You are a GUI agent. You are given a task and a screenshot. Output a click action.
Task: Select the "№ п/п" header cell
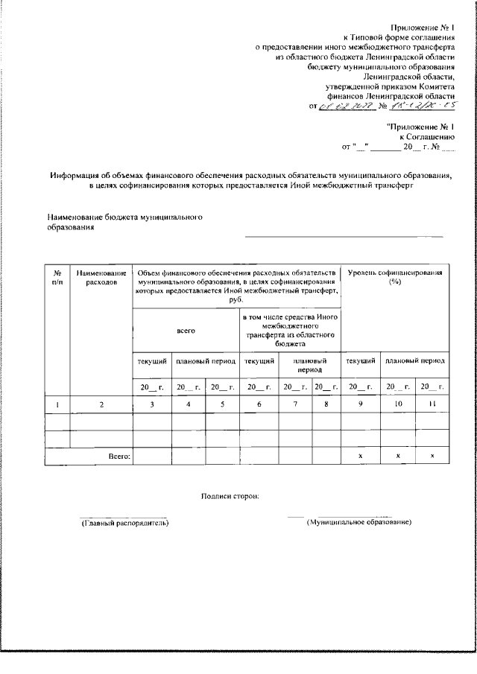[x=57, y=278]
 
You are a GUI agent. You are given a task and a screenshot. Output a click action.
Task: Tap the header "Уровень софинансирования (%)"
[x=395, y=278]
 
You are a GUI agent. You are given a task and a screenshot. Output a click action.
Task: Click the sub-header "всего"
[x=186, y=330]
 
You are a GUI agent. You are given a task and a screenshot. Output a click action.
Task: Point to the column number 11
[x=432, y=404]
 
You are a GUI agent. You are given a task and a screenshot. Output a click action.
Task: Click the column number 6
[x=259, y=404]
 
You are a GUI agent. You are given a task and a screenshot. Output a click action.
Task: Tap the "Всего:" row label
[x=119, y=455]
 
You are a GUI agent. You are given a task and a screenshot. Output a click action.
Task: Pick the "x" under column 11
[x=432, y=455]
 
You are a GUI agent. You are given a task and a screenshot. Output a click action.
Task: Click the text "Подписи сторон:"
[x=230, y=496]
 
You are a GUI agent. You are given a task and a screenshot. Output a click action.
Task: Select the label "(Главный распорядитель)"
[x=124, y=524]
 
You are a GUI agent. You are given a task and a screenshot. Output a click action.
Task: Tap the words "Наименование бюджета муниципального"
[x=125, y=218]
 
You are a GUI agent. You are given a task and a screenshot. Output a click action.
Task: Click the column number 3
[x=151, y=404]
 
